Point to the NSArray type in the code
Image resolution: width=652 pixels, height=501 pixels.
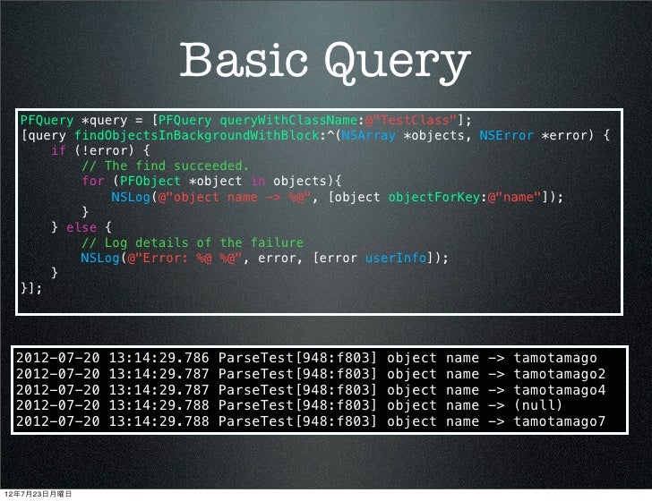[x=371, y=136]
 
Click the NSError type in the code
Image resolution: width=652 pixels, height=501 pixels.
[x=507, y=136]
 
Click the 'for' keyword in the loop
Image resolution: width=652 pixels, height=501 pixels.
[x=91, y=182]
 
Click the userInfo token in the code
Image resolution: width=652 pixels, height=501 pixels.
[x=394, y=258]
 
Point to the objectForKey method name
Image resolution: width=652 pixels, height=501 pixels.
[x=431, y=197]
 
